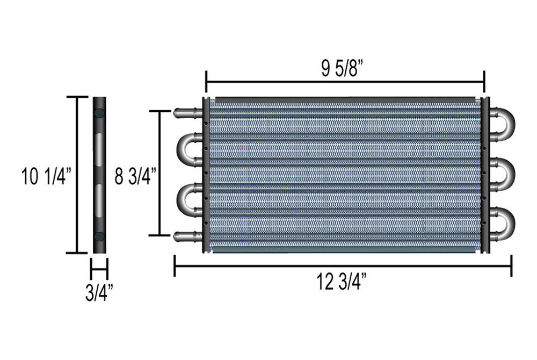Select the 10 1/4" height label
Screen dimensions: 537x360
click(x=47, y=176)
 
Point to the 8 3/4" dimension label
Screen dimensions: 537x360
click(x=136, y=176)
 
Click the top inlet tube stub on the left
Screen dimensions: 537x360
click(x=188, y=112)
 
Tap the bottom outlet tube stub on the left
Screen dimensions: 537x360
click(x=188, y=236)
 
